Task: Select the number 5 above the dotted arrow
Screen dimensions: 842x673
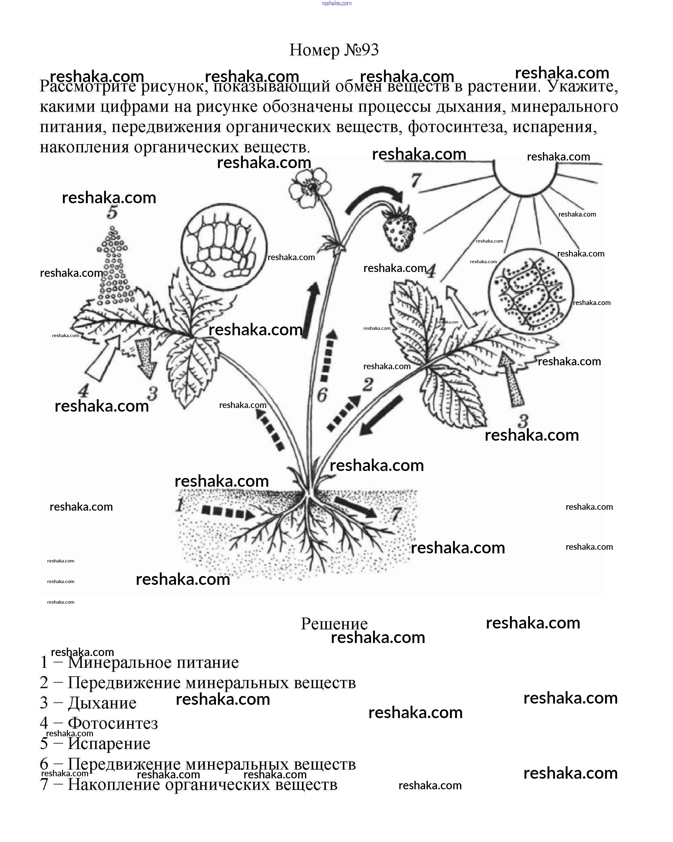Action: tap(112, 213)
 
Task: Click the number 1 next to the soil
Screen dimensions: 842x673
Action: tap(179, 506)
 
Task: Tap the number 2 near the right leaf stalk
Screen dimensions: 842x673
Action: tap(368, 385)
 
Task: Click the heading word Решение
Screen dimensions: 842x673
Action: tap(334, 624)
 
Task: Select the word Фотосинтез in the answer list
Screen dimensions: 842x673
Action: tap(113, 723)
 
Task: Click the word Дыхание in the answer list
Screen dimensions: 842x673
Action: tap(102, 703)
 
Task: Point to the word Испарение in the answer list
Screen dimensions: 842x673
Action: tap(109, 744)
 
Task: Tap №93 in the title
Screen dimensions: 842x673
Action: tap(362, 50)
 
